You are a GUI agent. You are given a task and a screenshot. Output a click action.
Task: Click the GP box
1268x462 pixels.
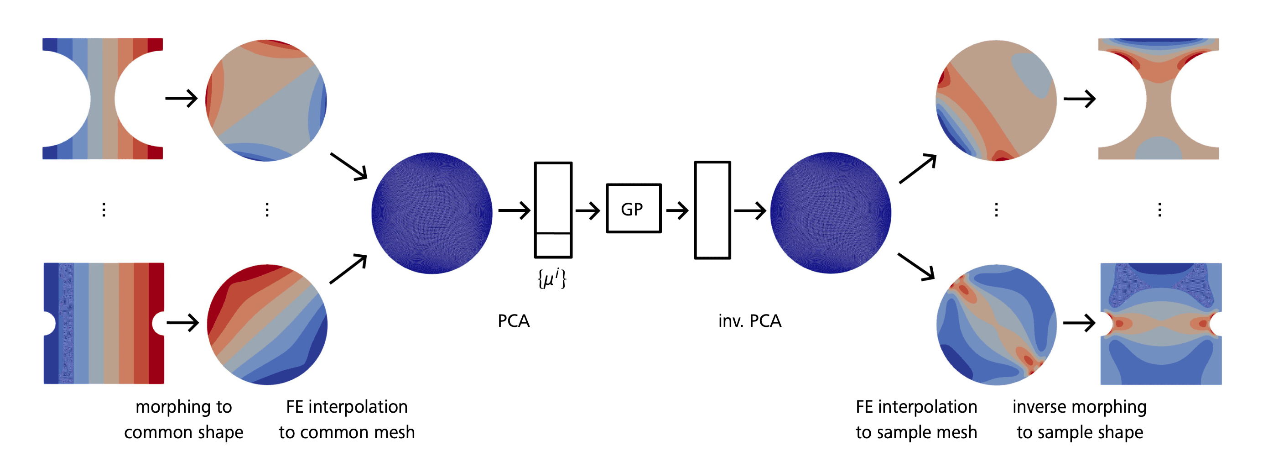(633, 208)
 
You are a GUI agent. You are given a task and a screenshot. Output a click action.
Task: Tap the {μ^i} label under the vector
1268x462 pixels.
(552, 278)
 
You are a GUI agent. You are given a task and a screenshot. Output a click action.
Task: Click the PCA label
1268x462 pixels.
(514, 321)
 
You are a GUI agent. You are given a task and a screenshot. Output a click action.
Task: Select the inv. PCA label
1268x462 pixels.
(749, 321)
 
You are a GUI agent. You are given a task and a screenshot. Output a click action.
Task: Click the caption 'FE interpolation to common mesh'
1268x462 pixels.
(347, 419)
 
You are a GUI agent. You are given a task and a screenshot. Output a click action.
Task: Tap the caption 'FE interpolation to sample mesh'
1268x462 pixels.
(916, 419)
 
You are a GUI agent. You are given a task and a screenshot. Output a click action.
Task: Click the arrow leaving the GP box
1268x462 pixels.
(677, 211)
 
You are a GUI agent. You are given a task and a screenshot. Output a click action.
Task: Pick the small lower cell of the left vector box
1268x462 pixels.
(553, 245)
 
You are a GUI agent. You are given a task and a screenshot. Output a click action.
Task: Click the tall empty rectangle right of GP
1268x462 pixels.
(712, 210)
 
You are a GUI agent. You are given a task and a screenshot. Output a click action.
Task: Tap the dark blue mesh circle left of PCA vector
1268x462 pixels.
(431, 213)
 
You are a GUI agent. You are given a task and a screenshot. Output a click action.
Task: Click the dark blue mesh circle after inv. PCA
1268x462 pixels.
(831, 213)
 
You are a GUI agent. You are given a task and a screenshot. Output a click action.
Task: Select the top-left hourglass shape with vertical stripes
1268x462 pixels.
(102, 99)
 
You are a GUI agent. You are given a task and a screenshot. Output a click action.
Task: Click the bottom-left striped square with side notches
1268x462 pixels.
(104, 323)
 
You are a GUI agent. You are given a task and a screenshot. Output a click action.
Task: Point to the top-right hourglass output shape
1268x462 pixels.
(1158, 99)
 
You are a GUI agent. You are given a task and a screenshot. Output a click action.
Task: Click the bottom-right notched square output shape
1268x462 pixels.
(1161, 324)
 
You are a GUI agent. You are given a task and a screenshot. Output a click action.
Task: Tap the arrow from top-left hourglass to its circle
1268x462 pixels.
(181, 99)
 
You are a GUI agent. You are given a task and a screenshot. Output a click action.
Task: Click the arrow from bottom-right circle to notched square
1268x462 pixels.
(1079, 323)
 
